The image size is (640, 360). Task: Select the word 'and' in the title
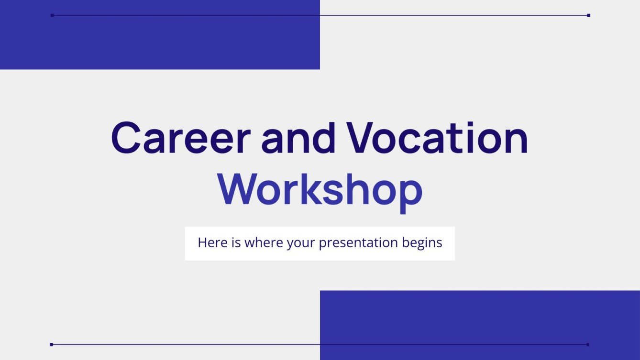point(298,139)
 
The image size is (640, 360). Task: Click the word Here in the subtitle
point(209,243)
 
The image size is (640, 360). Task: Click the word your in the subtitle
point(301,243)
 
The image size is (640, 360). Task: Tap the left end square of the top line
point(52,15)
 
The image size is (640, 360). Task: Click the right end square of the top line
point(588,15)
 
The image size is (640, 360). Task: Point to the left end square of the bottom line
point(52,344)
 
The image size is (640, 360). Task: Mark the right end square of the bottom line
point(588,344)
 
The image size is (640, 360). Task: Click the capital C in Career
point(127,139)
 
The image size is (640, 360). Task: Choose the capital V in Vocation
point(364,139)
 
